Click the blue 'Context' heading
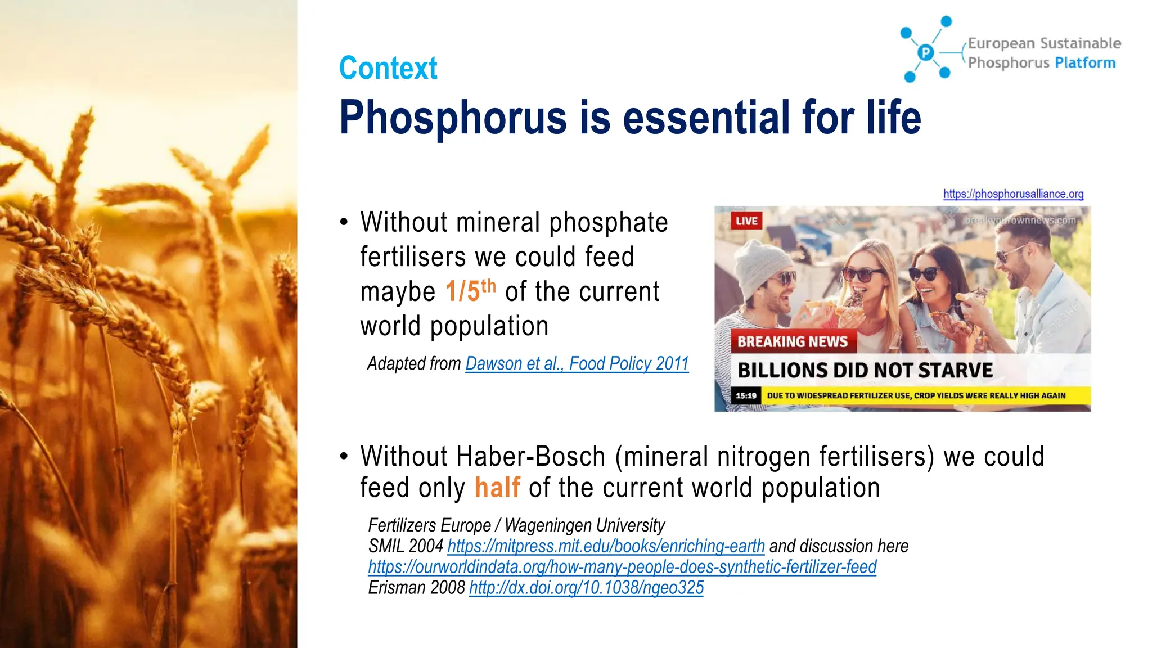pyautogui.click(x=388, y=68)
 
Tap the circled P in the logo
pyautogui.click(x=925, y=53)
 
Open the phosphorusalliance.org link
pyautogui.click(x=1013, y=194)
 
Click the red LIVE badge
pyautogui.click(x=746, y=220)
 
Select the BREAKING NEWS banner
pyautogui.click(x=793, y=341)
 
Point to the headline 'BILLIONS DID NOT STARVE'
pyautogui.click(x=865, y=370)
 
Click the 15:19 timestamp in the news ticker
pyautogui.click(x=746, y=395)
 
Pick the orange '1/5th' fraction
pyautogui.click(x=470, y=291)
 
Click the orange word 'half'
pyautogui.click(x=497, y=487)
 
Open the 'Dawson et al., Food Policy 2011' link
pyautogui.click(x=577, y=364)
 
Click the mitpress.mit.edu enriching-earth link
pyautogui.click(x=606, y=546)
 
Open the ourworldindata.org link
pyautogui.click(x=622, y=567)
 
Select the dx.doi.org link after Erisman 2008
pyautogui.click(x=586, y=588)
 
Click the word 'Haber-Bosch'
pyautogui.click(x=531, y=456)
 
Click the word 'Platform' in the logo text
pyautogui.click(x=1085, y=62)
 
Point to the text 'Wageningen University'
pyautogui.click(x=584, y=525)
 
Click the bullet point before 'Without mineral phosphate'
pyautogui.click(x=344, y=222)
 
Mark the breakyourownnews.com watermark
pyautogui.click(x=1020, y=220)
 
